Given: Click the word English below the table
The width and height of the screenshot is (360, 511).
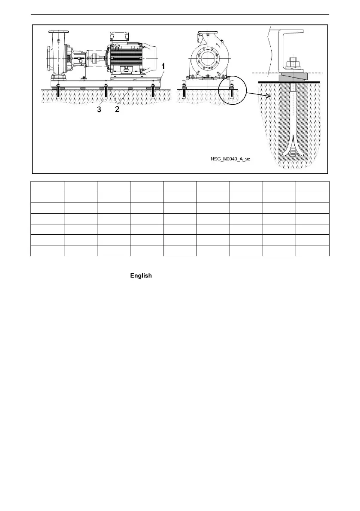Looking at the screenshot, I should [x=141, y=275].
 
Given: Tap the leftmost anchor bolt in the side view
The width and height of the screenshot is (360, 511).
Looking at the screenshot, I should [x=58, y=93].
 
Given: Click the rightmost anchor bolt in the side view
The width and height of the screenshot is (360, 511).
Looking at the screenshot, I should [x=154, y=93].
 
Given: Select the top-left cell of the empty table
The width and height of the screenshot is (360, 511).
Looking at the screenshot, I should [x=47, y=187].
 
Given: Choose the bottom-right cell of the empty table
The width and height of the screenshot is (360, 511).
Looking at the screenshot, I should [x=312, y=251].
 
